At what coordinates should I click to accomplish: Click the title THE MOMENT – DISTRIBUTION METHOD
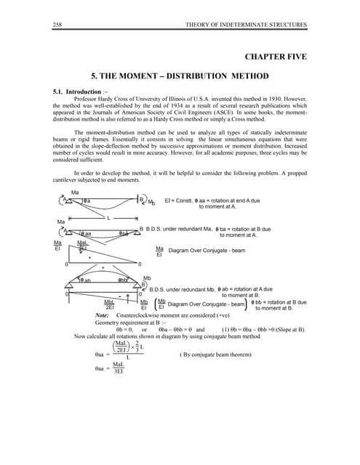[180, 75]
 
